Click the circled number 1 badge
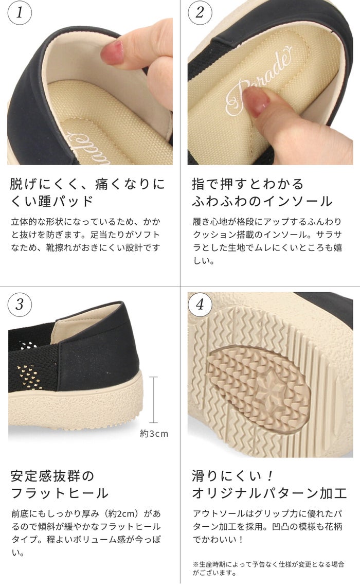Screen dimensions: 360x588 click(x=20, y=13)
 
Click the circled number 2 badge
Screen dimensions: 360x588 click(x=200, y=13)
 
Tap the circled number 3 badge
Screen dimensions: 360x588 click(x=20, y=305)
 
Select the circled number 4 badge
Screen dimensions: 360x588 click(x=200, y=305)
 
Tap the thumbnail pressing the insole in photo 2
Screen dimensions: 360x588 click(x=256, y=102)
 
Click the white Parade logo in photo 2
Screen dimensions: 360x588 click(x=259, y=81)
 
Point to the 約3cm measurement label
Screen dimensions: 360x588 click(x=154, y=434)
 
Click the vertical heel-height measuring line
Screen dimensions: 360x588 click(x=153, y=400)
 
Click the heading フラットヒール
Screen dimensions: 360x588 click(x=60, y=493)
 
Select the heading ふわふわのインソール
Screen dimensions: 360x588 click(x=262, y=201)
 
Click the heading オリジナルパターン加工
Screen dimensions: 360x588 click(x=269, y=493)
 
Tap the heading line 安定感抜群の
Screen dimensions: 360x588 click(x=52, y=476)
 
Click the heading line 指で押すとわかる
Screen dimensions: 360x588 click(x=247, y=184)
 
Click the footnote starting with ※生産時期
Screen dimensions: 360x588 click(x=268, y=568)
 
